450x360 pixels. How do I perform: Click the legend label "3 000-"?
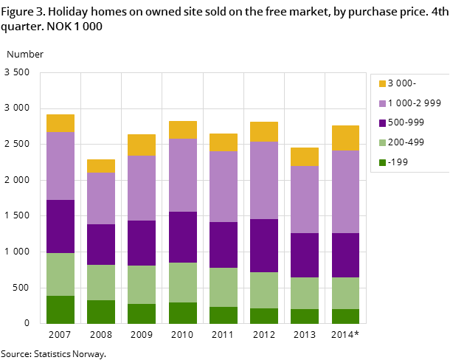[402, 83]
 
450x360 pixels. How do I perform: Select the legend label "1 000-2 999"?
[414, 103]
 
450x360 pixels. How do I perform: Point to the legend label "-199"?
[398, 162]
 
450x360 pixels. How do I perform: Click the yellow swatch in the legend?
[382, 84]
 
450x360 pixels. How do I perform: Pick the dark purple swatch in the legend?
[382, 123]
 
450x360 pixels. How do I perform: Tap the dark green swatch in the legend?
[382, 162]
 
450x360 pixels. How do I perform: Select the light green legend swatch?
[382, 142]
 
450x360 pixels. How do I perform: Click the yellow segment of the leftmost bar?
[60, 123]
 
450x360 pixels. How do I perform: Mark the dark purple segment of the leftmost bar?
[60, 226]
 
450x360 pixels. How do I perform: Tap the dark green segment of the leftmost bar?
[60, 310]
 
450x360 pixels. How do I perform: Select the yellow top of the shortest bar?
[101, 166]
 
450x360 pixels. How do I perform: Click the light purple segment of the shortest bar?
[101, 198]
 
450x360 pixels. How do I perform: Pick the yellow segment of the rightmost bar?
[345, 138]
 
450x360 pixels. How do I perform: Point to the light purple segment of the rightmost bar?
[345, 192]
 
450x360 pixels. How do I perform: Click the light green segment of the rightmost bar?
[345, 293]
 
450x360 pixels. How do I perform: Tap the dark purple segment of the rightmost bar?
[345, 255]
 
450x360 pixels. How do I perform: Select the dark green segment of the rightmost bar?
[345, 316]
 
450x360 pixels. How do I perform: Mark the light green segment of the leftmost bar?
[60, 274]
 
